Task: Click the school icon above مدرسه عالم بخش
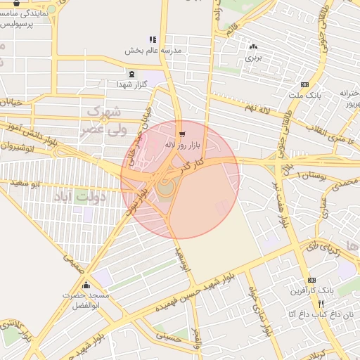coord(153,39)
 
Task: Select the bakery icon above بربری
coord(252,46)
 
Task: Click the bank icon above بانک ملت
coord(304,84)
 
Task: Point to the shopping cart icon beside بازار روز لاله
coord(182,133)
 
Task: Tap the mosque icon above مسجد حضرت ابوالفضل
coord(86,285)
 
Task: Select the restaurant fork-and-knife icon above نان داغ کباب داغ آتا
coord(321,304)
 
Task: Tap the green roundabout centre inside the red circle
coord(165,188)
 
